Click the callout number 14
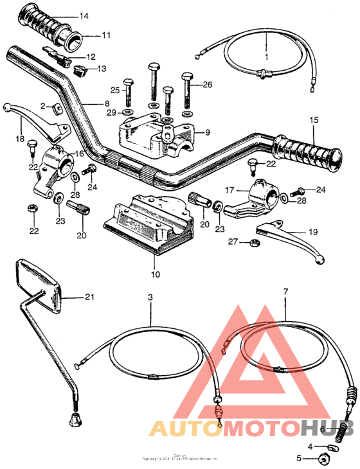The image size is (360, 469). coord(84,15)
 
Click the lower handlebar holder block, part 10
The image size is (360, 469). coord(148,222)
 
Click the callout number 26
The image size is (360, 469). coord(207,84)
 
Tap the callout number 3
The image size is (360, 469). coord(150,299)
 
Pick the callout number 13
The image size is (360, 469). coord(102,69)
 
